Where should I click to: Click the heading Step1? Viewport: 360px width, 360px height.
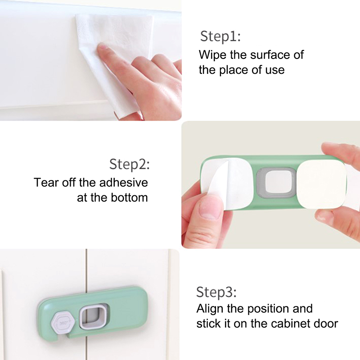click(x=220, y=36)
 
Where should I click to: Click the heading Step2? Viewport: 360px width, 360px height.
click(x=130, y=164)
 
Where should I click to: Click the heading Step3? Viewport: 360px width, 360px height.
click(x=216, y=292)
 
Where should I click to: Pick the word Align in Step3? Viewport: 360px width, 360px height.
click(x=210, y=309)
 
